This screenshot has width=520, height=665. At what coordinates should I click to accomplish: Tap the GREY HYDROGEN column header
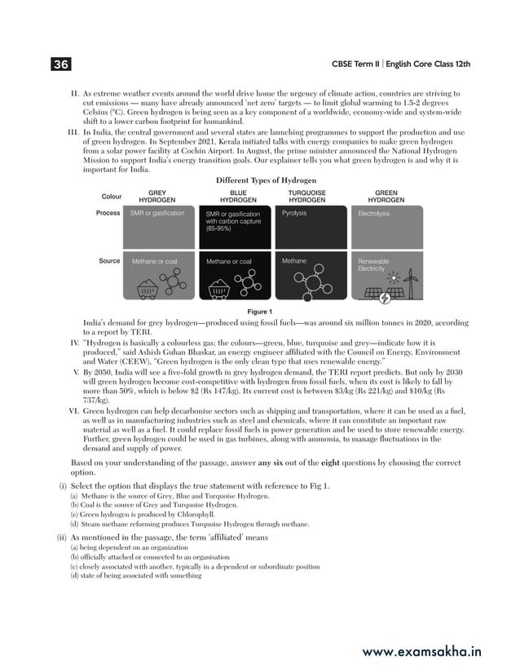click(x=156, y=196)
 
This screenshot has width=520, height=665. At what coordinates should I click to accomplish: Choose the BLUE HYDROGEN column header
click(x=238, y=196)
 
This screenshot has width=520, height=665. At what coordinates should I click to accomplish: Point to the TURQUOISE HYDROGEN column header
click(x=307, y=196)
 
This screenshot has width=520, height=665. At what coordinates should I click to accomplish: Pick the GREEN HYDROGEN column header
click(x=386, y=196)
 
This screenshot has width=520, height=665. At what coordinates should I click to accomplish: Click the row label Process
click(x=108, y=213)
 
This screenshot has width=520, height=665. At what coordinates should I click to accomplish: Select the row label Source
click(x=109, y=261)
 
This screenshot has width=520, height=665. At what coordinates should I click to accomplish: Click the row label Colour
click(x=111, y=197)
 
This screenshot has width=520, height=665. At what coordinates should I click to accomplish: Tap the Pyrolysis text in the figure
click(x=294, y=213)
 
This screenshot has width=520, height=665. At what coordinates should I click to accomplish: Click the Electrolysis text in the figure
click(x=373, y=214)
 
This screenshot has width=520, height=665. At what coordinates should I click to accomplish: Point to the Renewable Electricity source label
click(x=374, y=265)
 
